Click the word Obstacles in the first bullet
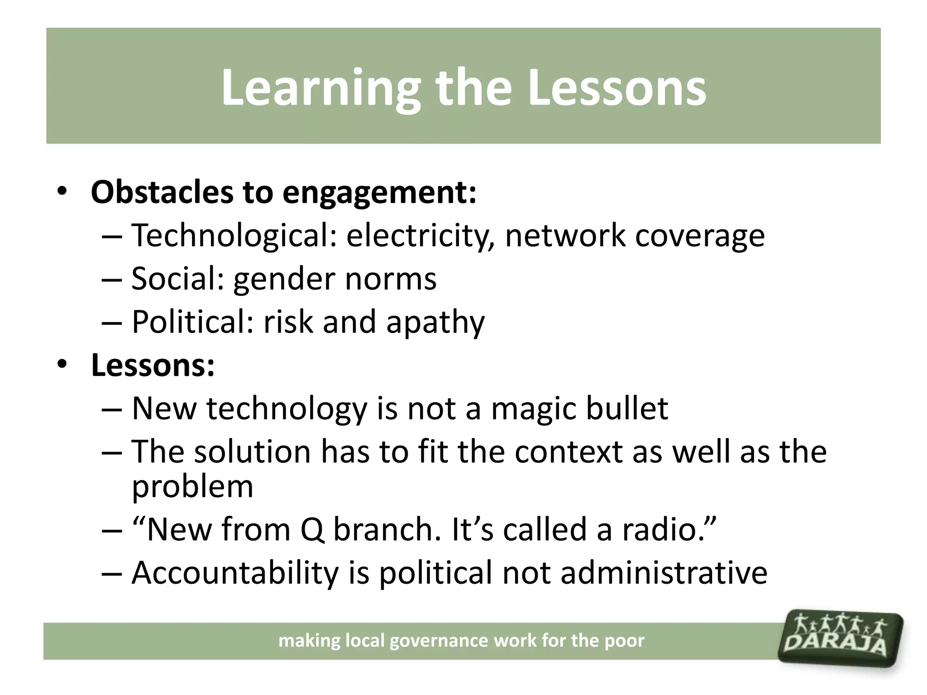tap(162, 192)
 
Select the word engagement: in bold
tap(379, 193)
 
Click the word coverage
tap(700, 236)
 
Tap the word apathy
tap(435, 323)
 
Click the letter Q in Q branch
tap(312, 529)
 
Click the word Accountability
tap(235, 573)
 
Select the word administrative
tap(664, 573)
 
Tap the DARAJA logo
tap(840, 638)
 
